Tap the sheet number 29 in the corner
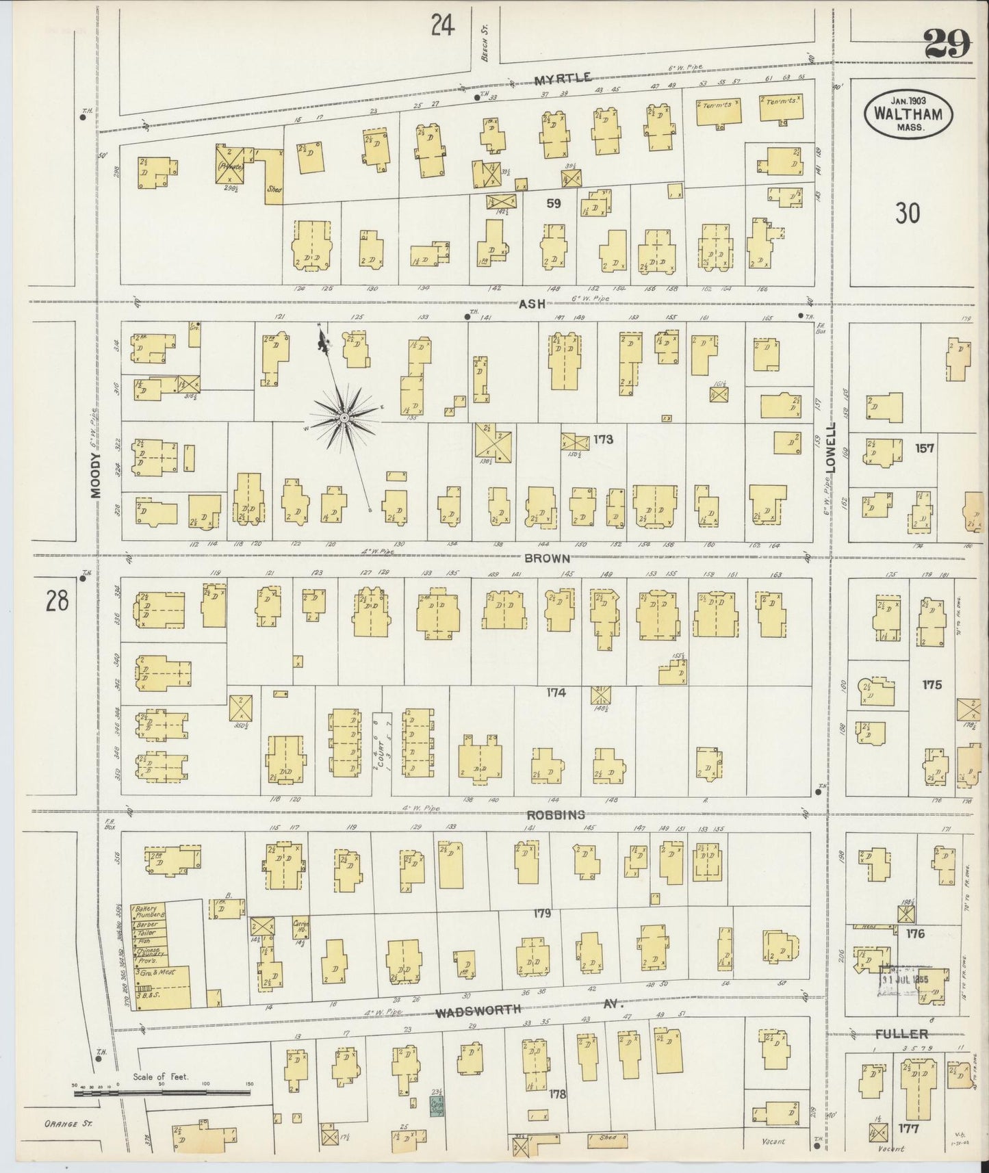pyautogui.click(x=948, y=45)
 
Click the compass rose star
pyautogui.click(x=344, y=417)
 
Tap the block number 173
pyautogui.click(x=603, y=439)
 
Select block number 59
pyautogui.click(x=554, y=203)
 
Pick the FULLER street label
pyautogui.click(x=901, y=1033)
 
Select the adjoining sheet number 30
pyautogui.click(x=907, y=214)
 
